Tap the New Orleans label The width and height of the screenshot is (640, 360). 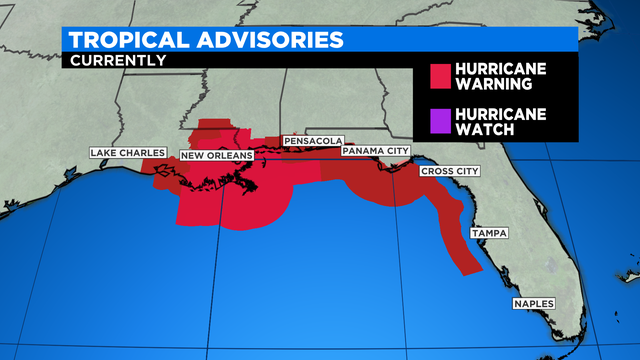[216, 155]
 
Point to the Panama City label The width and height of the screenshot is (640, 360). [376, 151]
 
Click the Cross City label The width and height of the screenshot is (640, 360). [449, 171]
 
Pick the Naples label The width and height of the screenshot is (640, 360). [533, 303]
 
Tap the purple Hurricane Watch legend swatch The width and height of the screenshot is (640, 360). [439, 121]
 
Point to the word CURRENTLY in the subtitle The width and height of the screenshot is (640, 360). [116, 60]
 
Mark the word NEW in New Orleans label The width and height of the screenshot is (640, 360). [192, 155]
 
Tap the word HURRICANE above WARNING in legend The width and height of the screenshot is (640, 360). [501, 70]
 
